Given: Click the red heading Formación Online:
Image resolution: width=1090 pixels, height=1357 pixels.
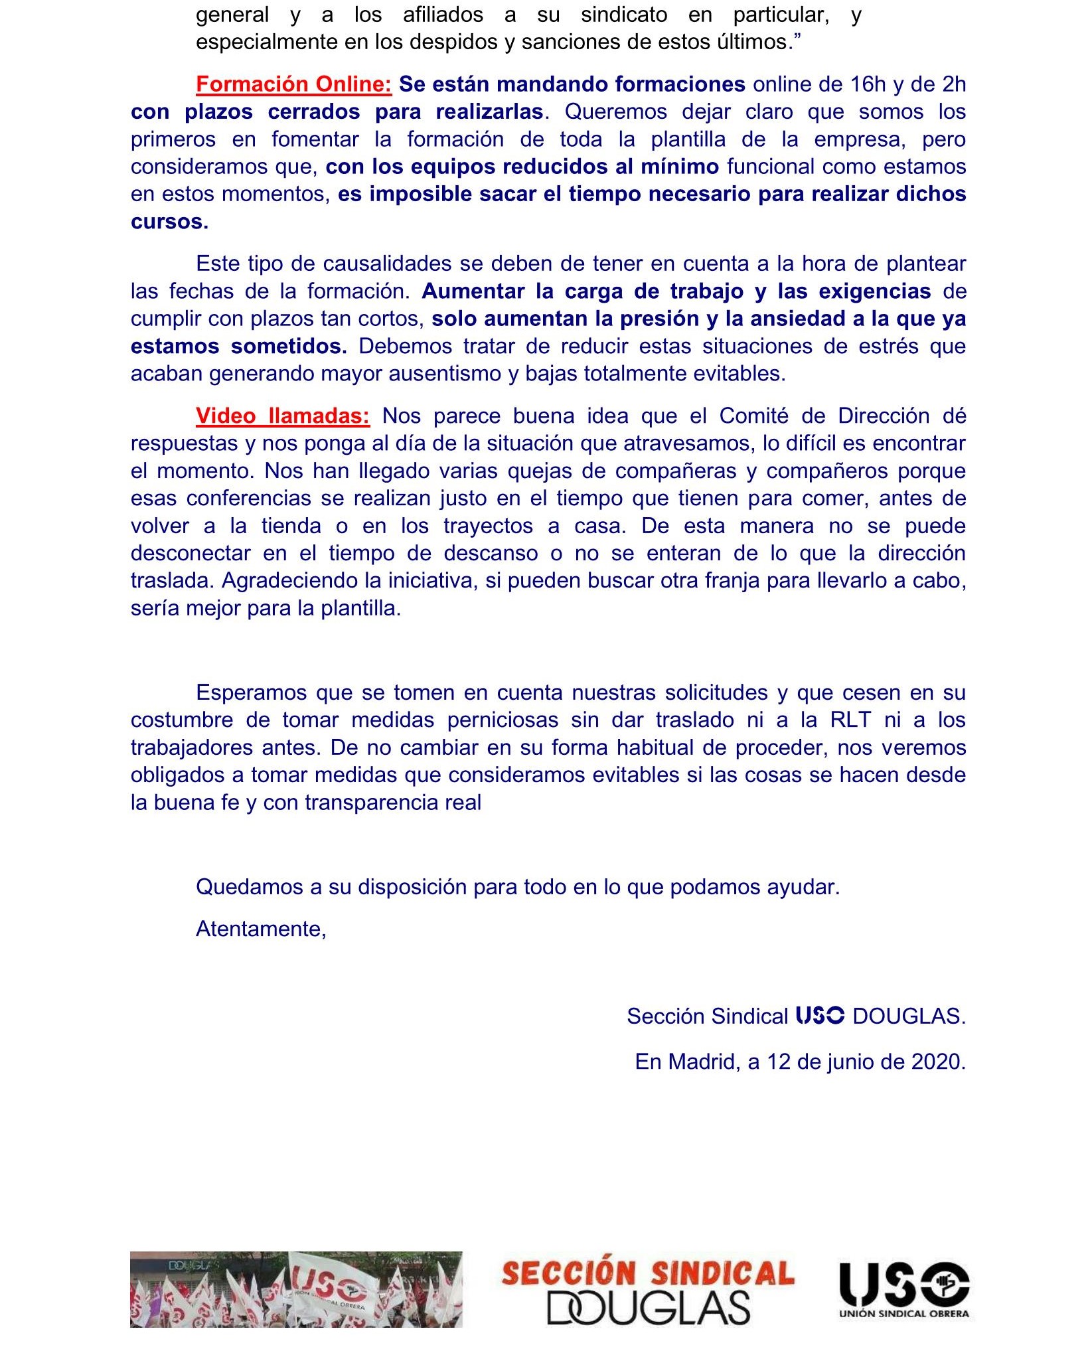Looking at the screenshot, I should pyautogui.click(x=293, y=84).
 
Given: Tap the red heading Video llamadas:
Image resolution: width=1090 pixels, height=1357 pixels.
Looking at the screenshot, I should pyautogui.click(x=282, y=416).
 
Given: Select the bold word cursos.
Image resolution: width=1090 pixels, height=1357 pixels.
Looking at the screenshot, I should pyautogui.click(x=169, y=222).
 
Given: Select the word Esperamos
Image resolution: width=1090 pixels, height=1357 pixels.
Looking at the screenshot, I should pyautogui.click(x=252, y=693).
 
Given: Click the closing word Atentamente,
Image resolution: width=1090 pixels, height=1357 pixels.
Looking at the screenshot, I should pyautogui.click(x=261, y=929).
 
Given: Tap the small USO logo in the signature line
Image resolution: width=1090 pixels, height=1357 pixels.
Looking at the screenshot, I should pyautogui.click(x=820, y=1016).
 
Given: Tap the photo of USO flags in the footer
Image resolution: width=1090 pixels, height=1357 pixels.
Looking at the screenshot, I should pyautogui.click(x=296, y=1289).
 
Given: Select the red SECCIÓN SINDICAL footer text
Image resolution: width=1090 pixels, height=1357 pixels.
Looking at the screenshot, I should pyautogui.click(x=648, y=1273).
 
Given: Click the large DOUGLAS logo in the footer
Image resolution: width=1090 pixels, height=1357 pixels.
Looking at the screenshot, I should pyautogui.click(x=648, y=1308).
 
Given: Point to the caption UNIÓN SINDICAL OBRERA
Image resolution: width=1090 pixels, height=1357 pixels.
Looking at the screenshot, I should pyautogui.click(x=903, y=1314).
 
